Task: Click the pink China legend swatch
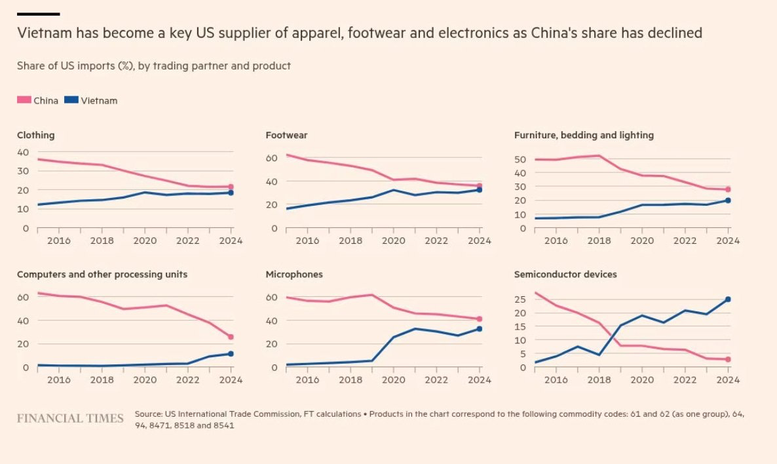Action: click(x=24, y=100)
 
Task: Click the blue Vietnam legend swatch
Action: click(x=71, y=100)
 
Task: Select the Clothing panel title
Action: click(x=36, y=135)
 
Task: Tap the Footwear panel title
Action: click(x=286, y=135)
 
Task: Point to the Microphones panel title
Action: click(x=294, y=275)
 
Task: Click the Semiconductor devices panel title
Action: click(x=565, y=275)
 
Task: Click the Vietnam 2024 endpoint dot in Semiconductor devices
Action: click(x=728, y=300)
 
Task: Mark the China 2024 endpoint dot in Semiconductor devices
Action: click(x=728, y=359)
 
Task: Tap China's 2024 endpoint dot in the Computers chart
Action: click(x=230, y=337)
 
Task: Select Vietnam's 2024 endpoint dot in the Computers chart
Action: click(x=230, y=354)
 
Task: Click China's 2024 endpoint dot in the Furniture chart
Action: click(x=728, y=189)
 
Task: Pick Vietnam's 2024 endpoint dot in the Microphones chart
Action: click(x=479, y=329)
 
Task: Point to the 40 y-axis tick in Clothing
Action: click(x=23, y=152)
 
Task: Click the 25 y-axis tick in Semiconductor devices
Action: click(x=520, y=300)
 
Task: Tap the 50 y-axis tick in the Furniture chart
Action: click(x=520, y=159)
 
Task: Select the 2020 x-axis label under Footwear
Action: click(x=393, y=241)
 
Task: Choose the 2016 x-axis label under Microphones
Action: click(x=307, y=379)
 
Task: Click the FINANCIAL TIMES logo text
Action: click(x=70, y=418)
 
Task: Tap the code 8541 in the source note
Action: click(x=224, y=425)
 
